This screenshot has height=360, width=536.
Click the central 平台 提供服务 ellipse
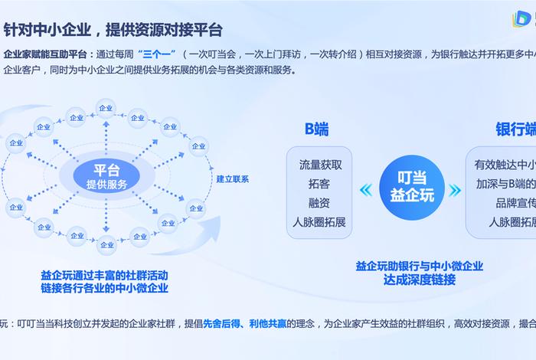coord(106,177)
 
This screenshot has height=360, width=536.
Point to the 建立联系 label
coord(232,179)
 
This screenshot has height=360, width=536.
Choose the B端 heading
coord(316,129)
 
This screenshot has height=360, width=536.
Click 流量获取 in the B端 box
coord(320,164)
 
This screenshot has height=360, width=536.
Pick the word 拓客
coord(320,184)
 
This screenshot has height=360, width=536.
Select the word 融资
coord(320,203)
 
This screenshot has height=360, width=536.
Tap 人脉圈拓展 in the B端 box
coord(320,222)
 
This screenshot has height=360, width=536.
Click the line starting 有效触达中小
coord(505,164)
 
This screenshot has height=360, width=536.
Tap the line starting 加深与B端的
coord(505,184)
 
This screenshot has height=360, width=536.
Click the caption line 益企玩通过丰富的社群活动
coord(104,275)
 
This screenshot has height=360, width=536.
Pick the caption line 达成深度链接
coord(420,280)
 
